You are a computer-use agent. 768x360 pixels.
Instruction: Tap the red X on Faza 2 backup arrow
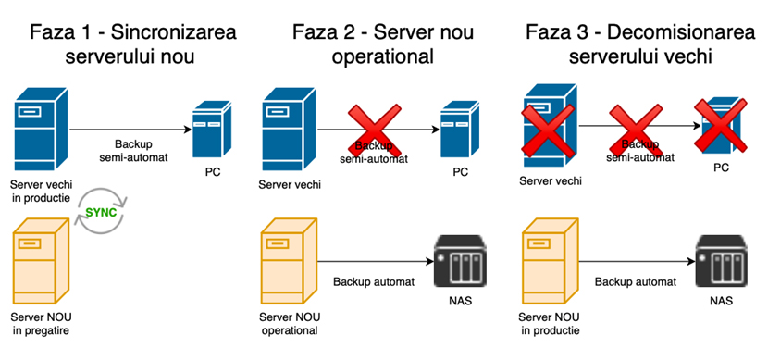click(x=371, y=130)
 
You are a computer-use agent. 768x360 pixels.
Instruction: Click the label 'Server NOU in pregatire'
click(x=41, y=323)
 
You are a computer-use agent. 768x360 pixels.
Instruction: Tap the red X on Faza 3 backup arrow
click(x=633, y=130)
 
